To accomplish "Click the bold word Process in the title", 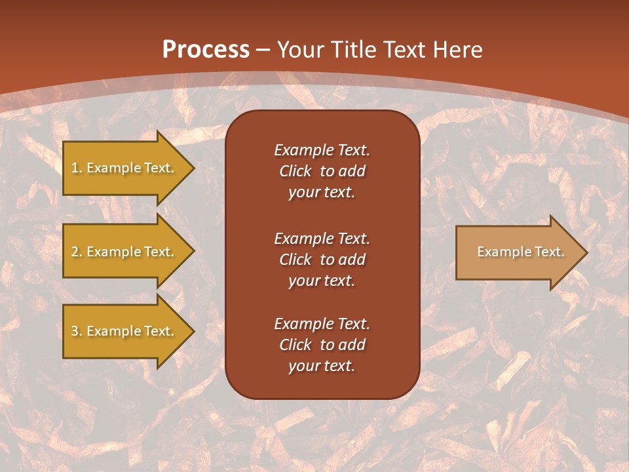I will [x=206, y=50].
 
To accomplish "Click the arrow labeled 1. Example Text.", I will [x=124, y=168].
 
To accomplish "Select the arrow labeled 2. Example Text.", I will [x=124, y=252].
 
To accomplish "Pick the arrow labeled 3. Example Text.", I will [x=124, y=331].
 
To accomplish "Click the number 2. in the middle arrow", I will [x=77, y=252].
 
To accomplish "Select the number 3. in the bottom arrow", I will [x=77, y=331].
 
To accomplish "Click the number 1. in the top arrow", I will [x=77, y=168].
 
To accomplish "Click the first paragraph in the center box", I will [x=322, y=171].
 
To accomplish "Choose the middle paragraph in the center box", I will [x=322, y=260].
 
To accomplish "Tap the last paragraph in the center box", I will [x=322, y=345].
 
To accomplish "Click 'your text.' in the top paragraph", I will [x=322, y=193].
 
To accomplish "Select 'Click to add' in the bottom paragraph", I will [x=322, y=345].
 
